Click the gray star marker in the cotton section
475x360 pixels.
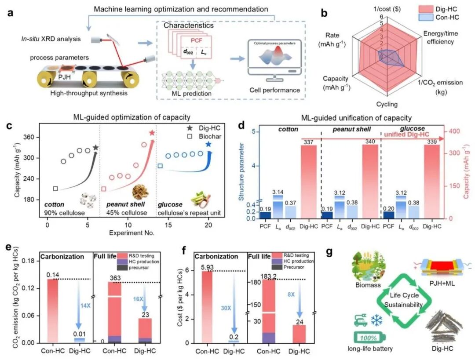coord(95,148)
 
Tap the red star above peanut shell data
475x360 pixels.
coord(152,133)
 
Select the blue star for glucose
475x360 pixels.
coord(208,144)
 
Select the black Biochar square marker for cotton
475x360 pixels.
coord(55,189)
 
